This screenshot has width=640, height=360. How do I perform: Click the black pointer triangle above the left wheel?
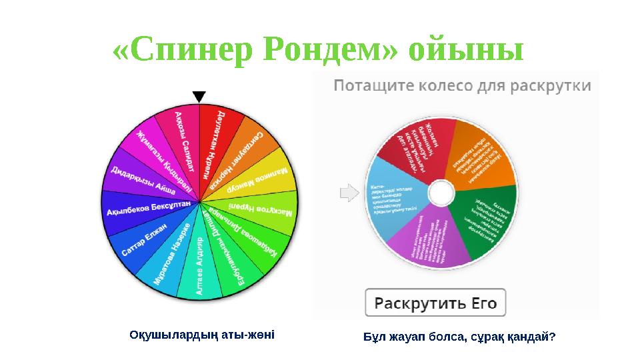click(x=199, y=97)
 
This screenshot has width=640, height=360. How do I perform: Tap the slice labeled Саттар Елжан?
click(x=146, y=240)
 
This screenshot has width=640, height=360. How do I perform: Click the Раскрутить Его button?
click(x=435, y=303)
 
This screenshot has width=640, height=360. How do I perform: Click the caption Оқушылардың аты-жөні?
click(x=202, y=333)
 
